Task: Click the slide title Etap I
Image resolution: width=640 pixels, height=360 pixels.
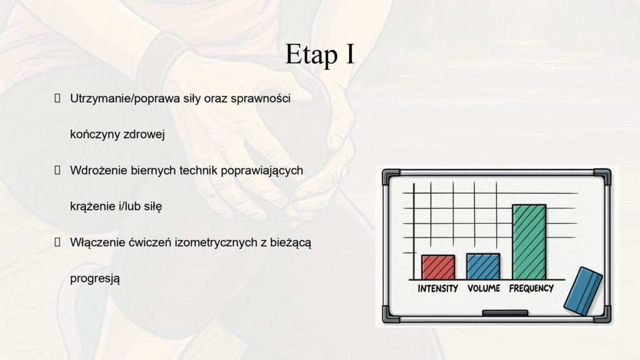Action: tap(319, 54)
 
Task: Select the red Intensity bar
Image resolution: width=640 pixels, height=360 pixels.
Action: tap(438, 267)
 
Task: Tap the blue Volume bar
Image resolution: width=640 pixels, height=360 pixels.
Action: tap(483, 266)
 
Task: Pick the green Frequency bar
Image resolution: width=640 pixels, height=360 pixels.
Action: tap(529, 242)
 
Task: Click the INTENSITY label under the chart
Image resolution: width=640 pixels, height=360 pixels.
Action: tap(437, 289)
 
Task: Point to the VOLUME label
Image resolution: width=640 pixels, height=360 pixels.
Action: tap(484, 288)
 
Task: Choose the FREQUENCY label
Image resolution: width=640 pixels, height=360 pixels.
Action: tap(531, 288)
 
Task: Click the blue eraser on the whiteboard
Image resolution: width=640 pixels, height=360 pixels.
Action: tap(583, 291)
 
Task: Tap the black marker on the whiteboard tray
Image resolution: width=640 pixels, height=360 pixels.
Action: tap(505, 313)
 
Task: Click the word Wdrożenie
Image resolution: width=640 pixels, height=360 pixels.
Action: tap(99, 170)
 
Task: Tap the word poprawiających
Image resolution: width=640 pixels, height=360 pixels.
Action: tap(262, 171)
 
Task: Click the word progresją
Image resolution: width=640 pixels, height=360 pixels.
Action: tap(95, 279)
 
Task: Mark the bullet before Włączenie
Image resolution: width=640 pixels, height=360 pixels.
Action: tap(57, 242)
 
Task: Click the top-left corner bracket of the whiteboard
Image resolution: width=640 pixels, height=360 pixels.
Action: tap(391, 176)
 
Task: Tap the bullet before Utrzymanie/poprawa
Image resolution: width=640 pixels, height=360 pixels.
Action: tap(57, 98)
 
